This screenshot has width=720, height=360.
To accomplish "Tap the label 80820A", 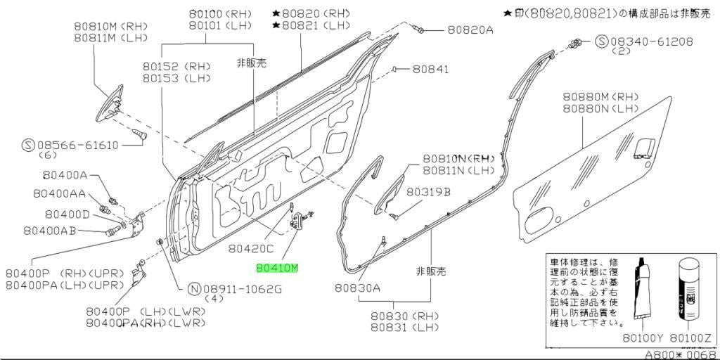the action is click(x=470, y=30).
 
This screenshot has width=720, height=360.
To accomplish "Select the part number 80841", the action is click(x=431, y=70).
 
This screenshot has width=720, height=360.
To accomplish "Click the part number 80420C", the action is click(x=251, y=249).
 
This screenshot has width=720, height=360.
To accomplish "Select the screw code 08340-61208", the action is click(x=651, y=41).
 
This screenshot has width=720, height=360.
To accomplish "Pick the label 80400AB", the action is click(x=51, y=231).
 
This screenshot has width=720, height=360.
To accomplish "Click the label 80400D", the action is click(x=67, y=214).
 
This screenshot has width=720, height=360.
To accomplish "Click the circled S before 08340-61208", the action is click(x=602, y=41).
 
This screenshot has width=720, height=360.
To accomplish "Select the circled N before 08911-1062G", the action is click(x=195, y=289).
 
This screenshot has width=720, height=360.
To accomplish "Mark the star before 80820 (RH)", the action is click(x=276, y=14).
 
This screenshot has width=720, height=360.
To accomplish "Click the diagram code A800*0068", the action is click(x=681, y=355).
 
